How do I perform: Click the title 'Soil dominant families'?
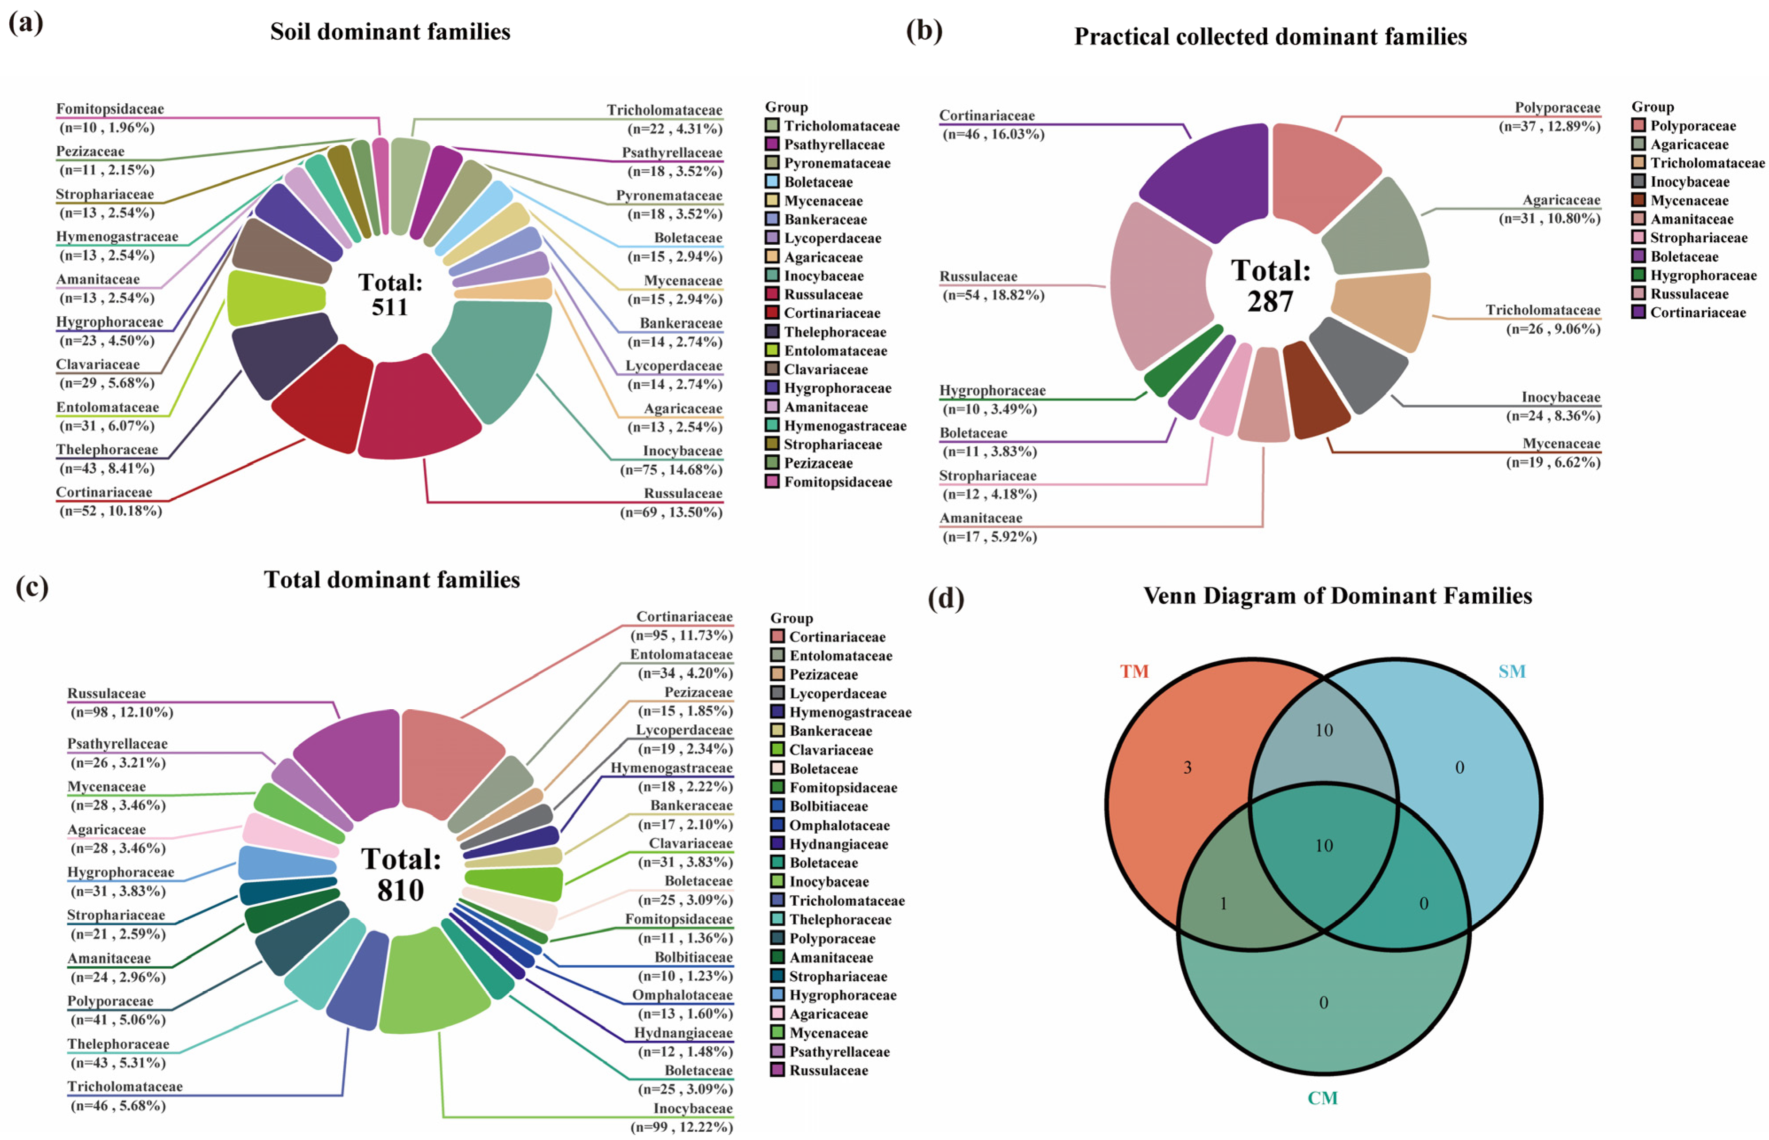(390, 32)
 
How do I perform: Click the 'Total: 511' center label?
(390, 294)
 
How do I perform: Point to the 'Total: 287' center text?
(1270, 286)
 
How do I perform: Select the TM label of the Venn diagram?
(1134, 672)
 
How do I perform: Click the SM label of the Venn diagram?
(1511, 672)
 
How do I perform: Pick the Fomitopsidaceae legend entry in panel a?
(837, 482)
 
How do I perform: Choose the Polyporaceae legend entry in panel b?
(1692, 126)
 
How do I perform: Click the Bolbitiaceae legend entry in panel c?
(828, 806)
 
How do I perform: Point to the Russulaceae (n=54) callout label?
(992, 286)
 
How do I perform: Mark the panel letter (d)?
(946, 597)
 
